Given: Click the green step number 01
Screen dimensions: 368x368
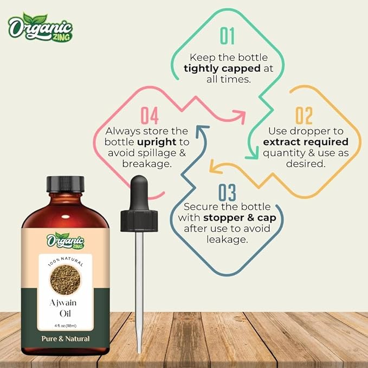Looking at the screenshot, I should click(x=227, y=36).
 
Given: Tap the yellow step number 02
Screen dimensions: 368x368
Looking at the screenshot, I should click(x=304, y=117).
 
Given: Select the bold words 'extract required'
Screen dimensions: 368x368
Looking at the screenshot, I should click(x=305, y=142).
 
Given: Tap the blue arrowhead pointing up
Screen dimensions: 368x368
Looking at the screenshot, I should click(x=202, y=130).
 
